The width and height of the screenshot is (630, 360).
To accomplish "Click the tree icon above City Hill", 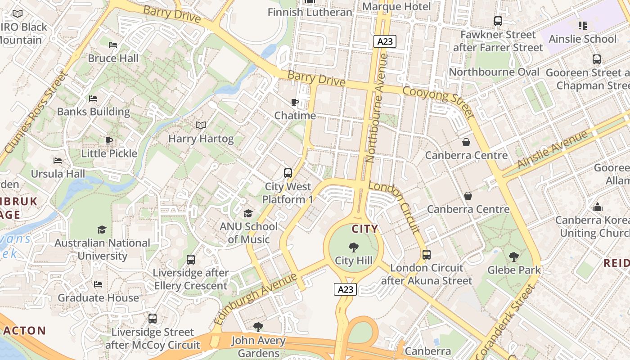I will (354, 247).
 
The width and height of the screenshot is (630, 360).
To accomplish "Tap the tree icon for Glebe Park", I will (513, 257).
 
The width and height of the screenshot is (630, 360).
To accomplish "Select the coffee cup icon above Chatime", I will (295, 102).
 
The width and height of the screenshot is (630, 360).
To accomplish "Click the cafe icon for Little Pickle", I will (109, 140).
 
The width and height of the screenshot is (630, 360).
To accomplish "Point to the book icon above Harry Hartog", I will (201, 125).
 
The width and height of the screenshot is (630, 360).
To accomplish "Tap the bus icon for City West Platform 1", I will (288, 173).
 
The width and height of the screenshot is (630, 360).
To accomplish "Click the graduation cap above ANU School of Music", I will (248, 213).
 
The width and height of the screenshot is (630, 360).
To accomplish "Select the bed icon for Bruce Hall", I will (113, 45).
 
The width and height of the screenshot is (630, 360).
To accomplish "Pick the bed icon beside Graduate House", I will (98, 284).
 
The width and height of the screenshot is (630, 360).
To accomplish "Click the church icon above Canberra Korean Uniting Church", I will (598, 207).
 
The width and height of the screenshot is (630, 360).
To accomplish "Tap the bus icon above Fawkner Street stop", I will (498, 21).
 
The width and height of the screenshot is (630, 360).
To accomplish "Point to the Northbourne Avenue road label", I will (377, 108).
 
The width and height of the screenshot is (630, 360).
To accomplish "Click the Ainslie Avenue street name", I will (553, 149).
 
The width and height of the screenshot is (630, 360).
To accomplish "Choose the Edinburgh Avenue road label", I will (255, 298).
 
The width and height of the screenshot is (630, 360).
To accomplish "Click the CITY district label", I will (365, 229).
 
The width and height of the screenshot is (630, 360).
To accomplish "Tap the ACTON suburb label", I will (25, 331).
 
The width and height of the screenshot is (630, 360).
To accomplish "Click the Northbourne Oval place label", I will (494, 72).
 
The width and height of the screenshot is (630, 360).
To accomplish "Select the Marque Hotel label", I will (396, 6).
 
